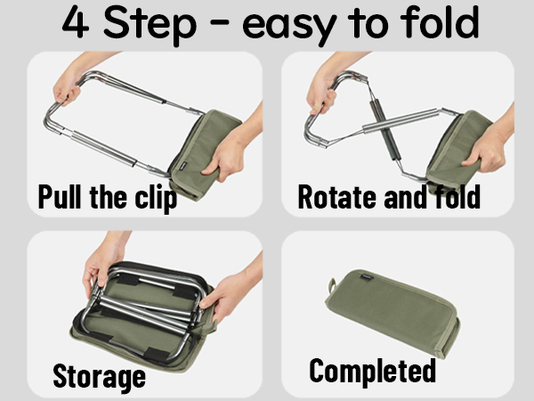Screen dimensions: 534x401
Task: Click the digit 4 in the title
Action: [x=76, y=22]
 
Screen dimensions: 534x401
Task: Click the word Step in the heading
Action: [x=150, y=25]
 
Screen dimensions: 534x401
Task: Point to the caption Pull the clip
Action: [x=108, y=198]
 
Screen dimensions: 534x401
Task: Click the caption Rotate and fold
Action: [x=389, y=196]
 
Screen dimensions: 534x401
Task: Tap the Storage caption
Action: [x=100, y=377]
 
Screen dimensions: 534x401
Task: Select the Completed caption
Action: [x=373, y=371]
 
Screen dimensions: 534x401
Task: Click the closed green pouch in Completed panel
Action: [x=392, y=312]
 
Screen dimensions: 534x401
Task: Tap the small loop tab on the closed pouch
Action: [x=331, y=285]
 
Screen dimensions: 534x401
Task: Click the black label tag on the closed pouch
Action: [x=366, y=277]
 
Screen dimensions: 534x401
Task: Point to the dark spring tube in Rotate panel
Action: [x=384, y=129]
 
